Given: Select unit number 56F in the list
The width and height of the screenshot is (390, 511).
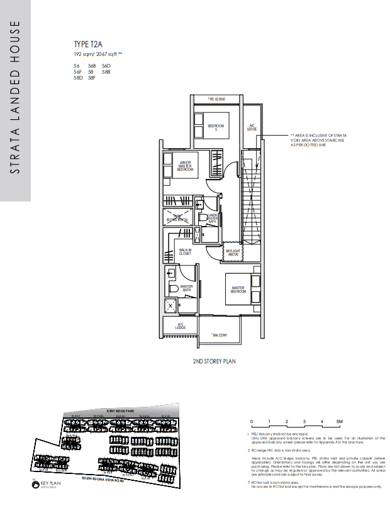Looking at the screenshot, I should tap(78, 72).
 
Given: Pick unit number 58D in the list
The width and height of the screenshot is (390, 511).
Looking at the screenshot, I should tap(78, 78).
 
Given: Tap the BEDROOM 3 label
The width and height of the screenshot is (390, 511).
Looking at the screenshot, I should tap(216, 128).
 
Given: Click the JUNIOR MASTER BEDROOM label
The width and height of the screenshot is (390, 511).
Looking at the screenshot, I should tap(184, 166).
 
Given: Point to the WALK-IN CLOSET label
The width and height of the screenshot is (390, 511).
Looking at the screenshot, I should tap(185, 252).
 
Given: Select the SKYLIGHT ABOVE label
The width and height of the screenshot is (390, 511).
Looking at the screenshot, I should tap(233, 252).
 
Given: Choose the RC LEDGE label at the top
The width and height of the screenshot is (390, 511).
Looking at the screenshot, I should tap(217, 99).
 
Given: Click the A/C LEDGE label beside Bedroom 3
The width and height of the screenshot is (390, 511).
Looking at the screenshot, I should tap(252, 127).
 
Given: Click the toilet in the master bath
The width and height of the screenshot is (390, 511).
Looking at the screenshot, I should tap(171, 289).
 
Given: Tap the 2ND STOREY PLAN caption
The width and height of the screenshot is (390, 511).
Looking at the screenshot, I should tap(214, 362).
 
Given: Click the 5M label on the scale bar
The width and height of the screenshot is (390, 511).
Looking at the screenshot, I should tap(340, 421).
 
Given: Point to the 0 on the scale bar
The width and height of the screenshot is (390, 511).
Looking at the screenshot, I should tap(251, 421).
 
